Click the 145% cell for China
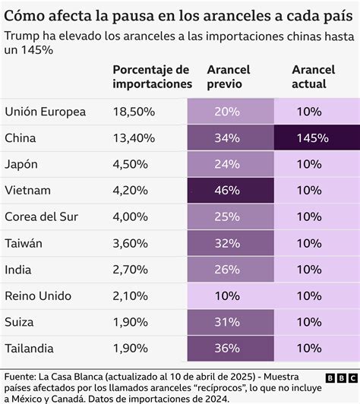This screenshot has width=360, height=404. [313, 138]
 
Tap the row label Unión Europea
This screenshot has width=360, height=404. [46, 112]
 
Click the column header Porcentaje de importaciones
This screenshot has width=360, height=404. [152, 77]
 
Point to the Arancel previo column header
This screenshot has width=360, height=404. [229, 77]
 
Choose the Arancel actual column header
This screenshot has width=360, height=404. [313, 77]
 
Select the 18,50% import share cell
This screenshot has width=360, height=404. [134, 112]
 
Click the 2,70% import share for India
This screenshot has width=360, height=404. [131, 268]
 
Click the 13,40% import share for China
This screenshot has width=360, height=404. [134, 138]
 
